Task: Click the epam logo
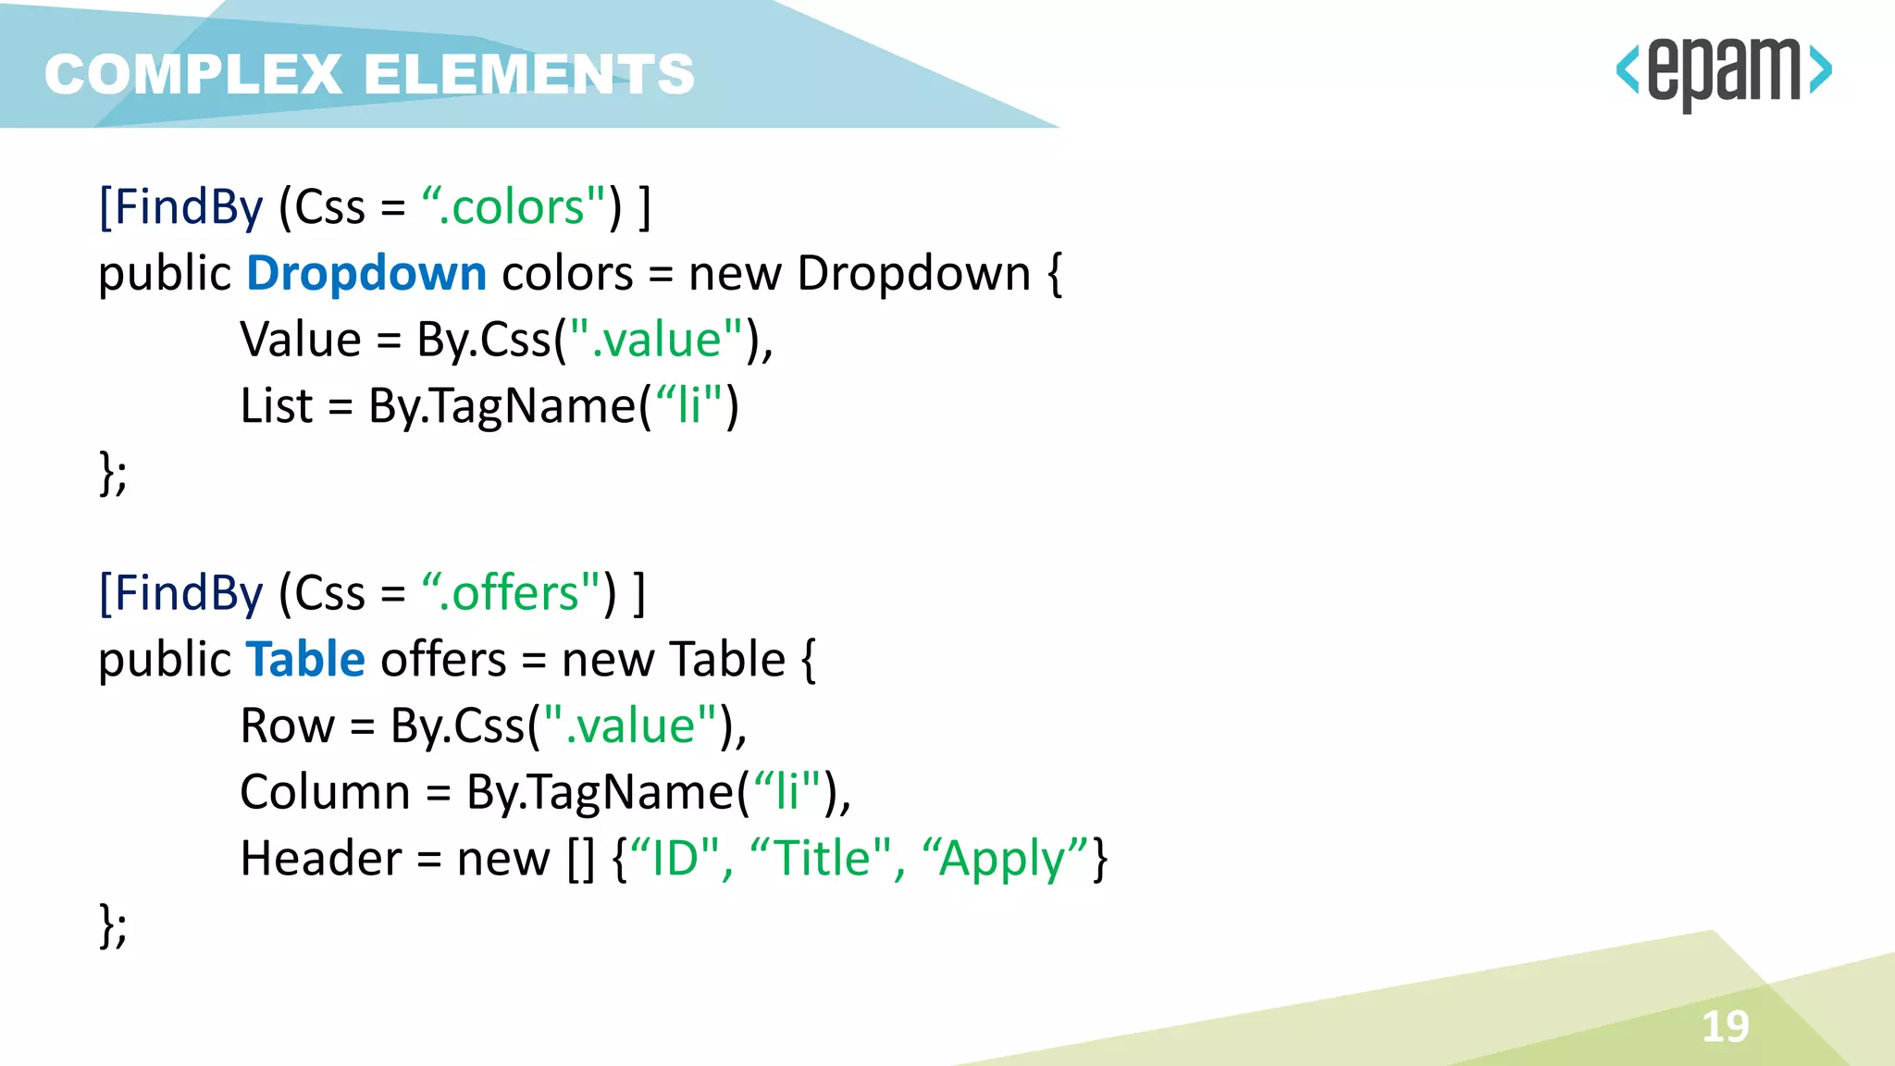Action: point(1723,72)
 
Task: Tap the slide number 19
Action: point(1726,1026)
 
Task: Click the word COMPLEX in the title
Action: point(193,74)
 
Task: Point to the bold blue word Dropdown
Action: point(366,274)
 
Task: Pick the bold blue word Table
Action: point(305,660)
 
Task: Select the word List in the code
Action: point(276,406)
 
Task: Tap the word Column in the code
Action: point(325,792)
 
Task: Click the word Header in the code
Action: point(320,859)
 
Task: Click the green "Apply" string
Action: point(1005,859)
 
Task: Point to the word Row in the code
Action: point(287,725)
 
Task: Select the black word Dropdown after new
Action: point(913,274)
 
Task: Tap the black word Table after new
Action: point(727,660)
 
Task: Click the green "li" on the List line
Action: point(687,406)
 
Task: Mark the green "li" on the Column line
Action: point(786,792)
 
